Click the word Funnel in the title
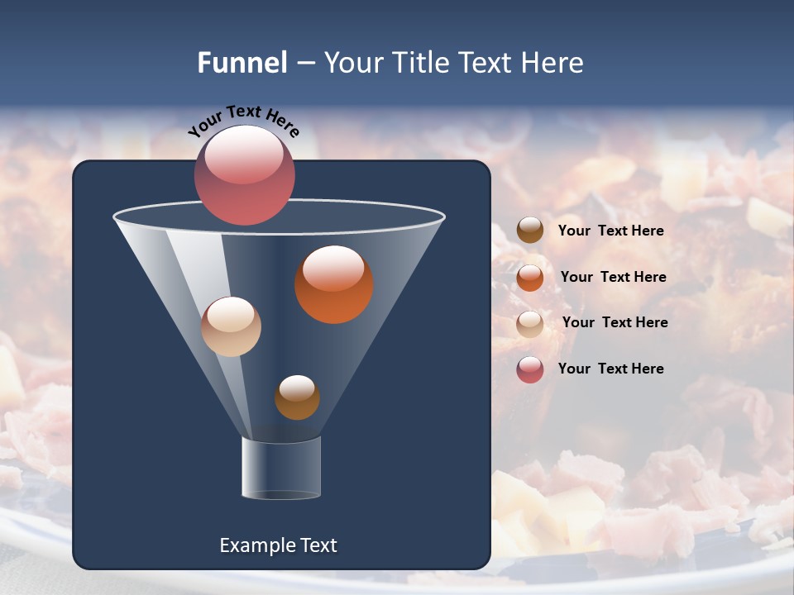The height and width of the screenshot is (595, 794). pyautogui.click(x=242, y=63)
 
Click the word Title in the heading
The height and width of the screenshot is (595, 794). pyautogui.click(x=420, y=63)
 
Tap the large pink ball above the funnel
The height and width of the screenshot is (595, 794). pyautogui.click(x=245, y=175)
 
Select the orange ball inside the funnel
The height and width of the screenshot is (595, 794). pyautogui.click(x=334, y=285)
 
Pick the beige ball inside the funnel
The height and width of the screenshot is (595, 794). pyautogui.click(x=231, y=327)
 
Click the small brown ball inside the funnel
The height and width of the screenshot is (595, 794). pyautogui.click(x=297, y=397)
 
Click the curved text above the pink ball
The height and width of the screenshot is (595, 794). pyautogui.click(x=244, y=121)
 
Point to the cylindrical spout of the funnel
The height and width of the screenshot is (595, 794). pyautogui.click(x=281, y=468)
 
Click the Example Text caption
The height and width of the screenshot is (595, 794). pyautogui.click(x=279, y=545)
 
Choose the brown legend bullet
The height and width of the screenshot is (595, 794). pyautogui.click(x=530, y=231)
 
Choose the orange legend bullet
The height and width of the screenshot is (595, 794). pyautogui.click(x=530, y=278)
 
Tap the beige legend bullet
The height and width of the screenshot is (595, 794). pyautogui.click(x=530, y=324)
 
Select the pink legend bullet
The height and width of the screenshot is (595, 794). pyautogui.click(x=530, y=369)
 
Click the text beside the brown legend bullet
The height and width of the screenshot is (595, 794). pyautogui.click(x=610, y=231)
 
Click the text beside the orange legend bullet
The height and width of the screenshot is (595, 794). pyautogui.click(x=613, y=277)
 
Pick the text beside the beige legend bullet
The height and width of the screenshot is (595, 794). pyautogui.click(x=615, y=322)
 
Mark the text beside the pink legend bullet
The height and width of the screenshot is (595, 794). pyautogui.click(x=610, y=369)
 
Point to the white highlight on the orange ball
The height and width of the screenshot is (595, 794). pyautogui.click(x=333, y=269)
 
